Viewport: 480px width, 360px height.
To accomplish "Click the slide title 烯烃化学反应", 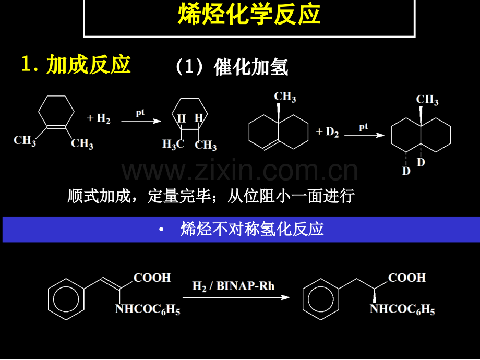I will (x=249, y=16).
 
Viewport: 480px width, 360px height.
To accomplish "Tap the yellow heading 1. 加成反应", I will (x=76, y=65).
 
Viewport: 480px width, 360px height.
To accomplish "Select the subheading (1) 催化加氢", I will (x=232, y=67).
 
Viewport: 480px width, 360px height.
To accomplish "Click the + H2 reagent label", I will (x=99, y=119).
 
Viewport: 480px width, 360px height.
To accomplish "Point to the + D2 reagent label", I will (x=328, y=132).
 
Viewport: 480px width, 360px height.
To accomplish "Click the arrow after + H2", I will (x=140, y=121).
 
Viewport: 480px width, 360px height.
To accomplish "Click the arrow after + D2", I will (x=364, y=135).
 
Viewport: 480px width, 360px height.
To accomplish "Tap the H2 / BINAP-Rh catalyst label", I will (x=233, y=285).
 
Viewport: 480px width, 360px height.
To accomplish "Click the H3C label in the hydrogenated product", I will (x=173, y=145).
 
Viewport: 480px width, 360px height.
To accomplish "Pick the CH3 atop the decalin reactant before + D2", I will (x=285, y=97).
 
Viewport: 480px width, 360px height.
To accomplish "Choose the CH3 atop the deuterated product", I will (x=427, y=100).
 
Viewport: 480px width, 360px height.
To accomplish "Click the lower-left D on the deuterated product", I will (x=405, y=171).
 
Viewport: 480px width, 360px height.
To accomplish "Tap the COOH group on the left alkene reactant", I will (x=152, y=278).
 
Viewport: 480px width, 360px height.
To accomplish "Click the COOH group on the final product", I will (x=407, y=278).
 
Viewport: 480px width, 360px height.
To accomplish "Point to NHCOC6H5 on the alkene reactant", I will (x=147, y=310).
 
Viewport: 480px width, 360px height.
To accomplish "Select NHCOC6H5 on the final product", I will (x=402, y=310).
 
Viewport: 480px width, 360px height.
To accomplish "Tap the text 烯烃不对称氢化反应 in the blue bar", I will (x=252, y=229).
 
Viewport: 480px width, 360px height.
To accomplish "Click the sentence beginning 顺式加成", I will (x=211, y=196).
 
